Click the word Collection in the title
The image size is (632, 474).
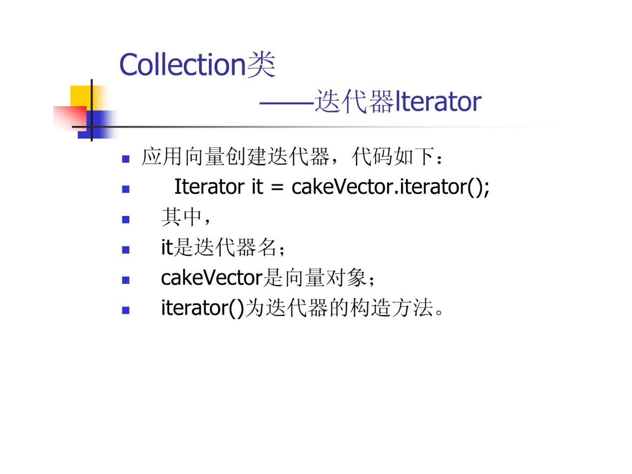pyautogui.click(x=182, y=65)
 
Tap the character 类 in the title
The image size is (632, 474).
pyautogui.click(x=261, y=65)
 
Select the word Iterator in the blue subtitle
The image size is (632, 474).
pyautogui.click(x=438, y=101)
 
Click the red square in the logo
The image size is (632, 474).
pyautogui.click(x=70, y=118)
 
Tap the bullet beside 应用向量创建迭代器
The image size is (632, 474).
pyautogui.click(x=125, y=159)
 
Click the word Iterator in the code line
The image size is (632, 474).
pyautogui.click(x=209, y=187)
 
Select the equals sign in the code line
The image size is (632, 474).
pyautogui.click(x=277, y=188)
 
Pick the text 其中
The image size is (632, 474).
pyautogui.click(x=181, y=217)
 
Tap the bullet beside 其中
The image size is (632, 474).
pyautogui.click(x=125, y=220)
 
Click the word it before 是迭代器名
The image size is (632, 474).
pyautogui.click(x=167, y=247)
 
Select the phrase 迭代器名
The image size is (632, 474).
pyautogui.click(x=235, y=247)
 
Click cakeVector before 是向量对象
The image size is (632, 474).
pyautogui.click(x=212, y=277)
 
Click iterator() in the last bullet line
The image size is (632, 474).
pyautogui.click(x=202, y=308)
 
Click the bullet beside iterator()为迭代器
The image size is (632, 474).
pyautogui.click(x=125, y=310)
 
